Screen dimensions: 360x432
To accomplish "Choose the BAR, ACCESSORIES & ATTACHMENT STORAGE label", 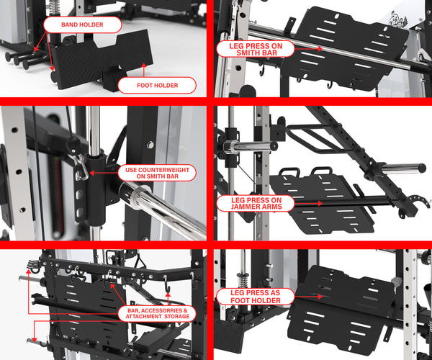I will point(156,315).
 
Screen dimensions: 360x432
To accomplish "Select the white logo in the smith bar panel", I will point(416,20).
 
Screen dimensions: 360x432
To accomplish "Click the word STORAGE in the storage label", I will point(176,318).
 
